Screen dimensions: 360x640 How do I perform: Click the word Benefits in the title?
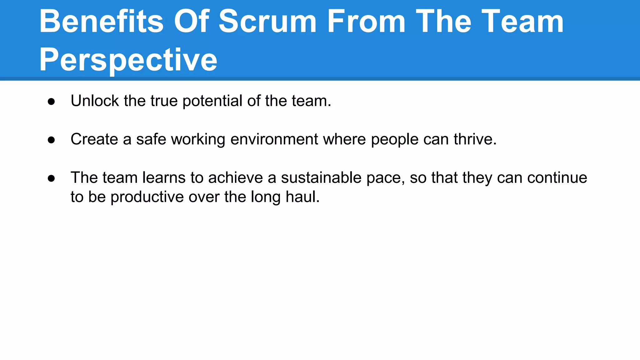101,21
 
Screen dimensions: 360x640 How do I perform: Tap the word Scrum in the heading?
267,21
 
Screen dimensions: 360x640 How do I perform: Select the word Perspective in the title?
128,59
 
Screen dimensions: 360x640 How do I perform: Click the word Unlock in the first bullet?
95,101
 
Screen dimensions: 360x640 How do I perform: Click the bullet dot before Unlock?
52,102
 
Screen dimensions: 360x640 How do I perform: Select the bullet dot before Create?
52,140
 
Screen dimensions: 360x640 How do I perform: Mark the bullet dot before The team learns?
52,178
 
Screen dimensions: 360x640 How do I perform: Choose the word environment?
274,139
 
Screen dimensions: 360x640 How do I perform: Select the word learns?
164,177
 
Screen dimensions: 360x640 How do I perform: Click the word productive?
147,197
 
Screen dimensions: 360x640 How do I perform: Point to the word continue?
557,177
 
